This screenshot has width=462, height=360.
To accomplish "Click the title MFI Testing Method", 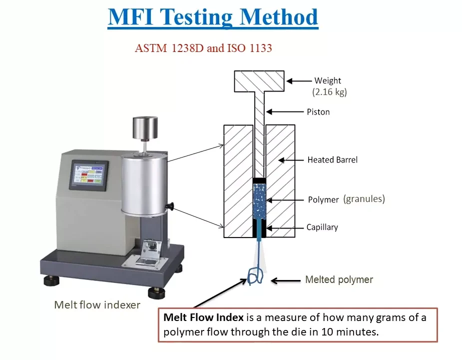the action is (213, 17).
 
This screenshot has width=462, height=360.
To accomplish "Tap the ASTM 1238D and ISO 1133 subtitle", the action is (203, 48).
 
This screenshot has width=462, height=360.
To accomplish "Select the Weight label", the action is (328, 80).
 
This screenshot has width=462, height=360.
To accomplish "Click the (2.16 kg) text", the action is (330, 92).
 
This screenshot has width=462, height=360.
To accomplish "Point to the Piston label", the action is (318, 112).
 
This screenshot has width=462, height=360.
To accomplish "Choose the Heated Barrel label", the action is (332, 160).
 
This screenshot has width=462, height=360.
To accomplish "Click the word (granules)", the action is (364, 199).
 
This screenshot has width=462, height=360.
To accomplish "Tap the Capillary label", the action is (322, 227).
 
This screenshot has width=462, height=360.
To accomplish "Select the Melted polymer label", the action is (339, 279).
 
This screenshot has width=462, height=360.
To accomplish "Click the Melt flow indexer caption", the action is (97, 305).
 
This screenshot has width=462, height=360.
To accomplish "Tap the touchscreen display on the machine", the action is (89, 175).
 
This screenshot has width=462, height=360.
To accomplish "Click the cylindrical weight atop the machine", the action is (145, 128).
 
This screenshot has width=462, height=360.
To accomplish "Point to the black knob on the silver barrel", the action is (170, 206).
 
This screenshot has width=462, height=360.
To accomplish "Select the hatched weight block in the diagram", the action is (259, 81).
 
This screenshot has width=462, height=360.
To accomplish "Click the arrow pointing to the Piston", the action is (285, 112).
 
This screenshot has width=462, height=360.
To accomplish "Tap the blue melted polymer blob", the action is (255, 276).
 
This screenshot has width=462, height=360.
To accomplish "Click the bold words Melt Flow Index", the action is (204, 317).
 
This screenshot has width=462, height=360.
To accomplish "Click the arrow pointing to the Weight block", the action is (299, 81).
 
